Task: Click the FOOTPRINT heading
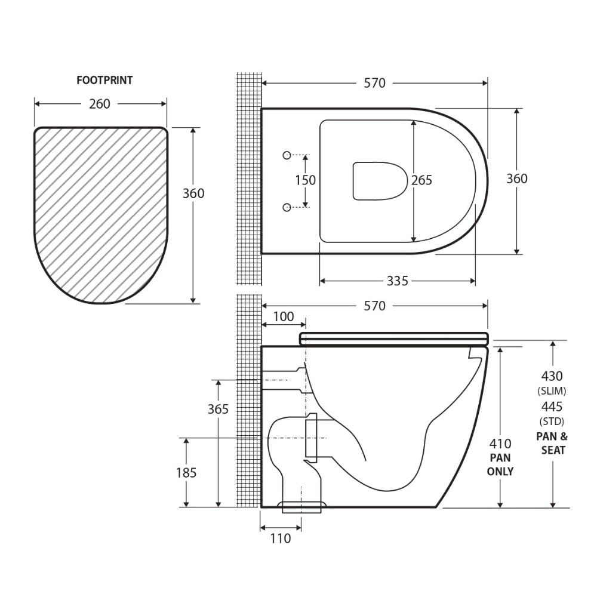pos(104,81)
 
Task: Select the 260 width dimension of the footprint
pos(99,104)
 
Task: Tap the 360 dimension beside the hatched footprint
pos(193,193)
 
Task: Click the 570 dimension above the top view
pos(375,83)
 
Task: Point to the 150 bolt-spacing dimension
pos(305,180)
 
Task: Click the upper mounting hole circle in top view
pos(287,155)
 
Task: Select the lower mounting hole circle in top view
pos(287,207)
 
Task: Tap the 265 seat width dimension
pos(421,180)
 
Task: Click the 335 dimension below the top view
pos(398,281)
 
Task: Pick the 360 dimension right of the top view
pos(516,179)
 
